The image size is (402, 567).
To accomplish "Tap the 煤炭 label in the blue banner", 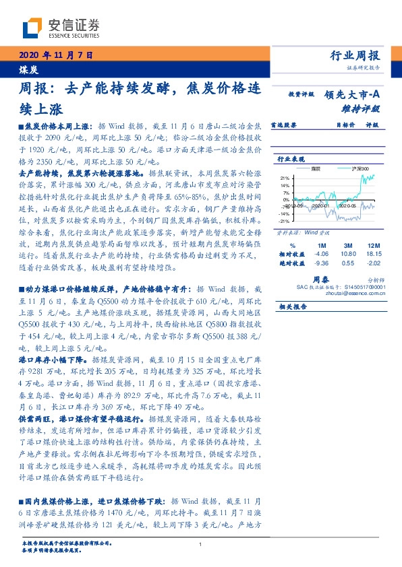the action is [x=28, y=69].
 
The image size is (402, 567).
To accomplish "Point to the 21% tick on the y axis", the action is [x=285, y=178].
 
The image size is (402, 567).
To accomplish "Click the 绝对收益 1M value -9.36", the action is [x=320, y=263].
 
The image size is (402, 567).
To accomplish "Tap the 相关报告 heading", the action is [x=292, y=306].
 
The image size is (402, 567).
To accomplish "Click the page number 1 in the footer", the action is [x=201, y=545].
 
